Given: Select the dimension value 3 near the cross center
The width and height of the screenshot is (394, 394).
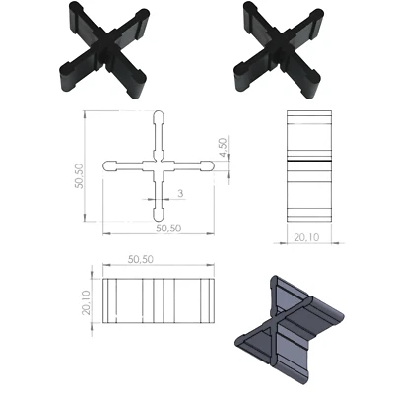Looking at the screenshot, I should point(179,195).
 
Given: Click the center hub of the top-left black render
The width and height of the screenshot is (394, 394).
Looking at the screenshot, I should point(104,46).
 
